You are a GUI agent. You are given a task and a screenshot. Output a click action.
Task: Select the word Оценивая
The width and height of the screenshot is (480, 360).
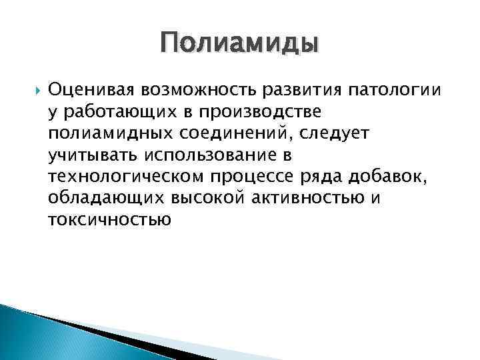tap(90, 89)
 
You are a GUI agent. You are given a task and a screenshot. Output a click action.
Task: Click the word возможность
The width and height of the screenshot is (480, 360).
tap(193, 89)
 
